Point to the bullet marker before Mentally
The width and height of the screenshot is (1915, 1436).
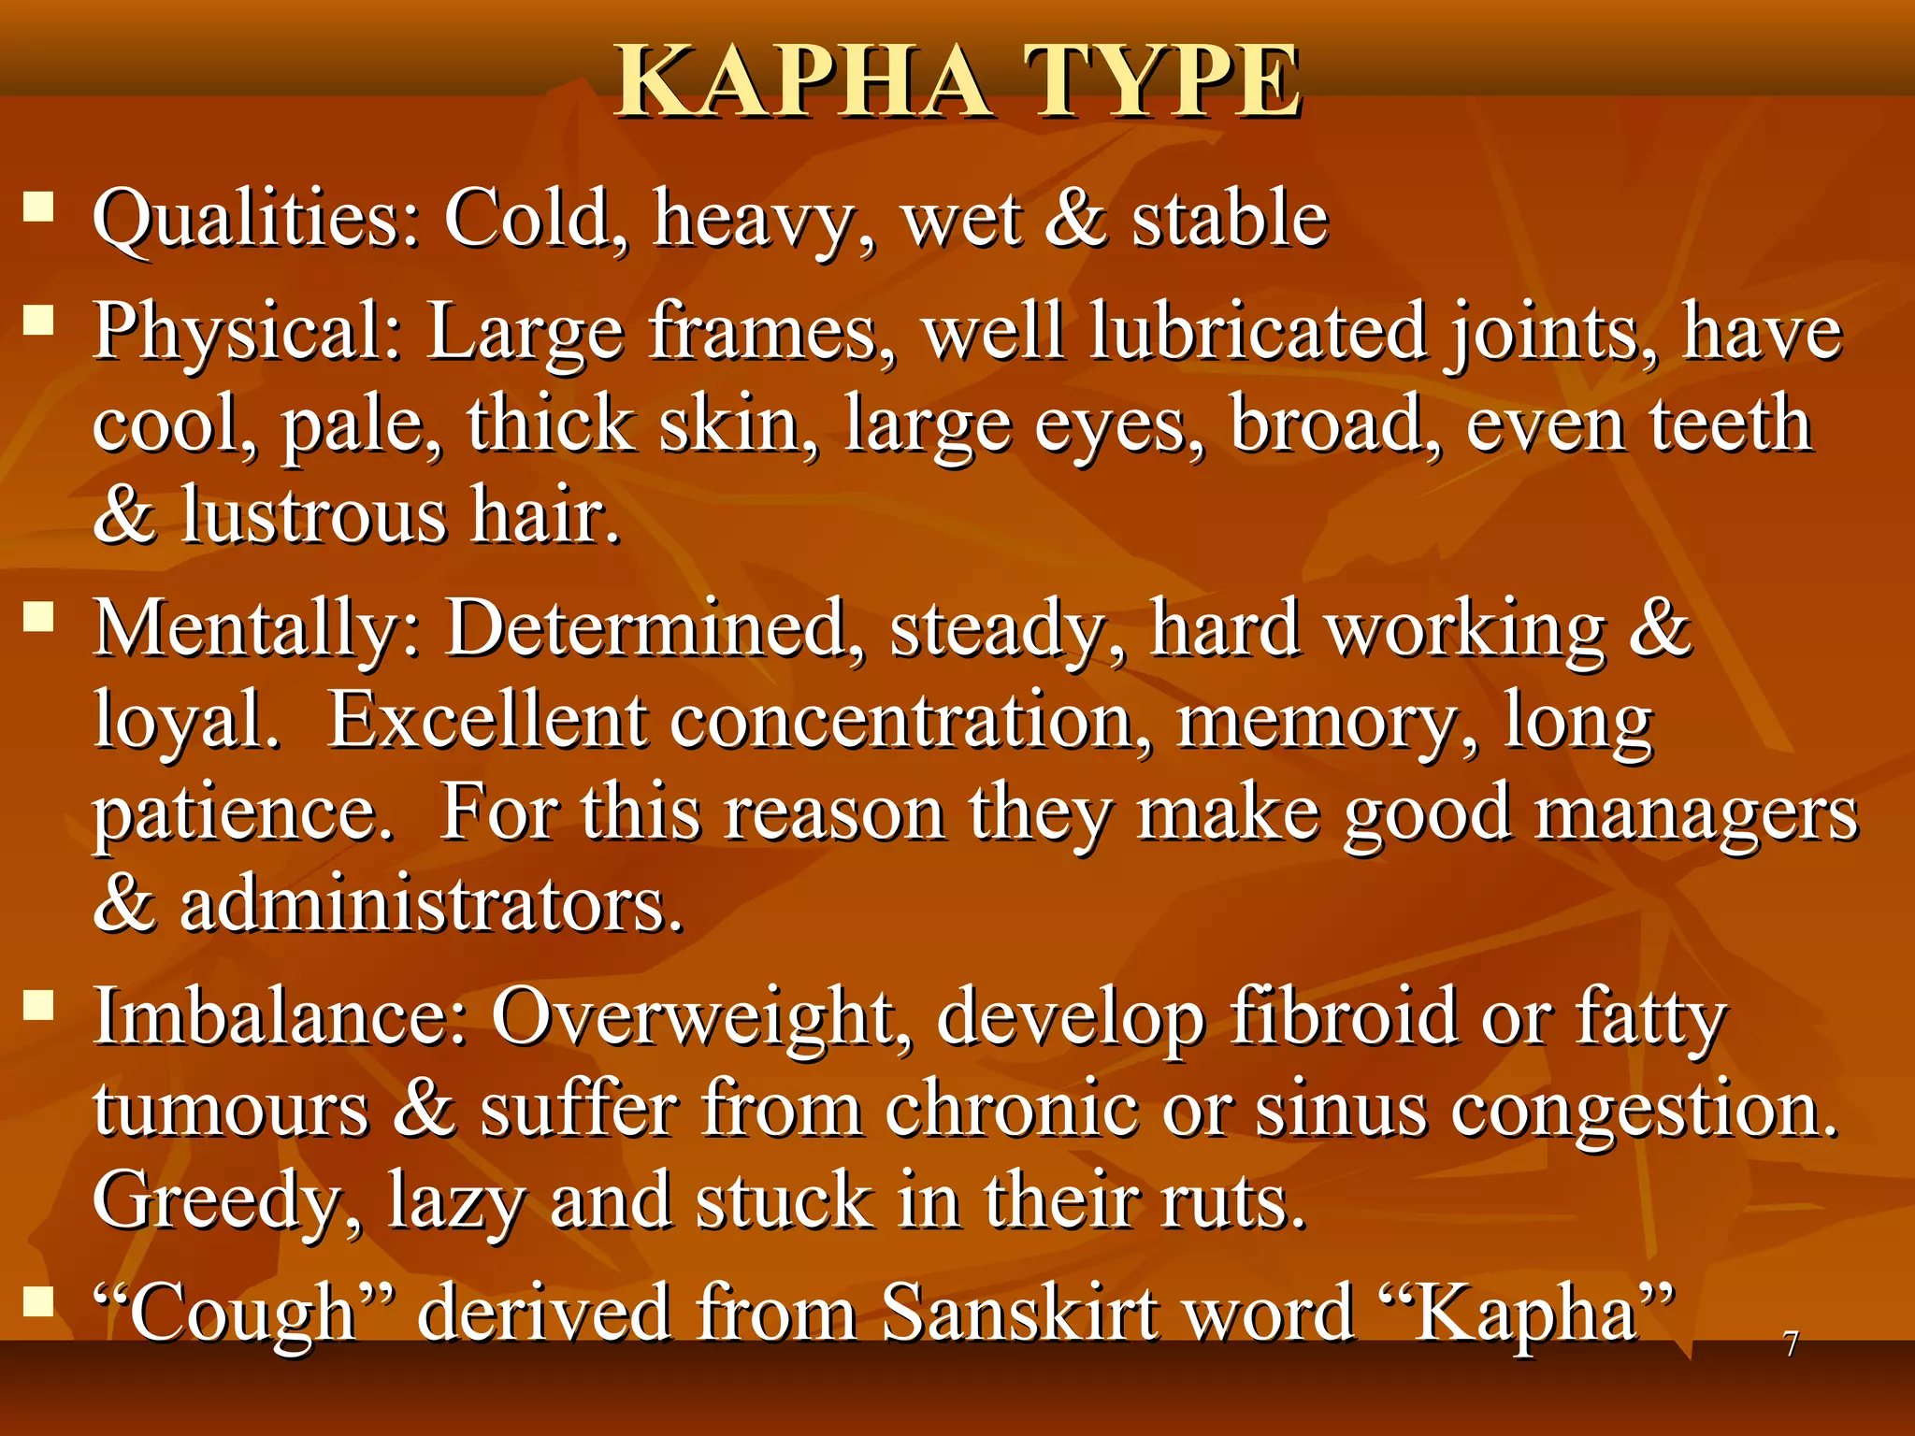tap(38, 616)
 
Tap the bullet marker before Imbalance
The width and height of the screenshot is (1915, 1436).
tap(38, 1005)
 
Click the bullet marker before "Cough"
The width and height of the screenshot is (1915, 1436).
tap(38, 1300)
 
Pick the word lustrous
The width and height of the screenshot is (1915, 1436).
tap(314, 515)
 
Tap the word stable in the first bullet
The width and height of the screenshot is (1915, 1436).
tap(1230, 220)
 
